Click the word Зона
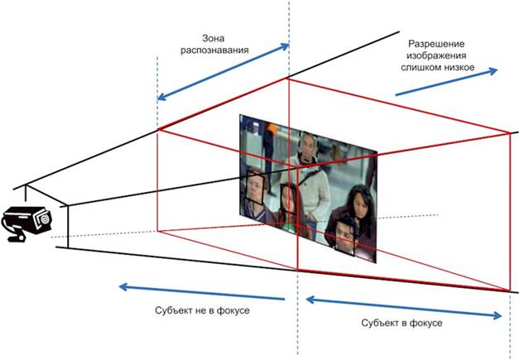coord(214,37)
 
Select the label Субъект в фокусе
coord(402,321)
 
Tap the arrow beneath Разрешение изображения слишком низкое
coord(447,81)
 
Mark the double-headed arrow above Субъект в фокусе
coord(404,306)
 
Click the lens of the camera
coord(41,220)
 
